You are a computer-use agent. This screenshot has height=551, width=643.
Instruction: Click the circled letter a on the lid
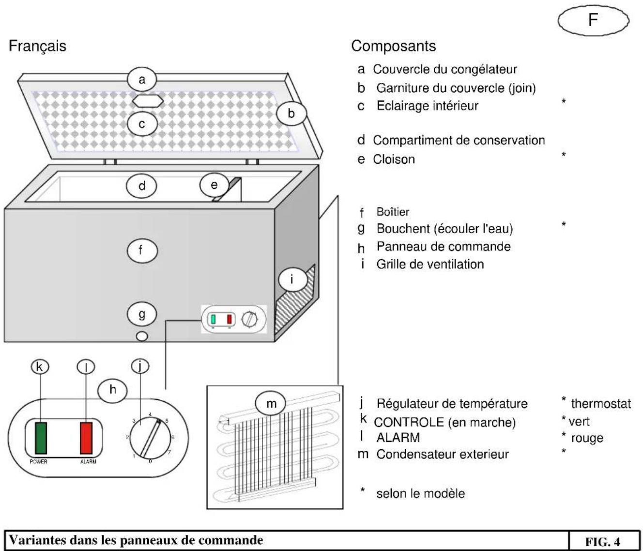point(142,79)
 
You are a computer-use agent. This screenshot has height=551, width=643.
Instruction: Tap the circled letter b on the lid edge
point(291,113)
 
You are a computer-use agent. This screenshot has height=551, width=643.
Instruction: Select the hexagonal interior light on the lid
point(149,101)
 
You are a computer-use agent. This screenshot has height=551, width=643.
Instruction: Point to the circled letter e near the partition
point(214,185)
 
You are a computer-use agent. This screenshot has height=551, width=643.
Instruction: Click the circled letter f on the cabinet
point(141,250)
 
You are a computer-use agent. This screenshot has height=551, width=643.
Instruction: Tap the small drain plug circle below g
point(141,336)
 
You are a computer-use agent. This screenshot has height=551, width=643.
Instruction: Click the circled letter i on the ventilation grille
point(291,279)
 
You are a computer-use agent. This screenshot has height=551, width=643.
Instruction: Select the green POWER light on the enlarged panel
point(41,438)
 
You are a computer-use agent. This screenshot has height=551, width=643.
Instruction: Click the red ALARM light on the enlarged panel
point(86,438)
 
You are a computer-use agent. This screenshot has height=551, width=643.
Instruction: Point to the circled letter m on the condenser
point(271,403)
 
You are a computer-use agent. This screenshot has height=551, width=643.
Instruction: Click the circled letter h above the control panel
point(113,389)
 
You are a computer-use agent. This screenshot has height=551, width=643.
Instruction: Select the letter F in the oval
point(593,20)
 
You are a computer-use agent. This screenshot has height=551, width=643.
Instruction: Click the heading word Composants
point(393,46)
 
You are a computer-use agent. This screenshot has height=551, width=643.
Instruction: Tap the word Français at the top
point(37,46)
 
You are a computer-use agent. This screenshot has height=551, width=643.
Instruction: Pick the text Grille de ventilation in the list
point(430,264)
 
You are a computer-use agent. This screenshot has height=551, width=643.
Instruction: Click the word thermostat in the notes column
point(601,404)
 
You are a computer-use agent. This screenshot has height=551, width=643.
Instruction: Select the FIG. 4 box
point(602,541)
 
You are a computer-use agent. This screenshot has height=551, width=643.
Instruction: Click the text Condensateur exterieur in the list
point(443,455)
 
